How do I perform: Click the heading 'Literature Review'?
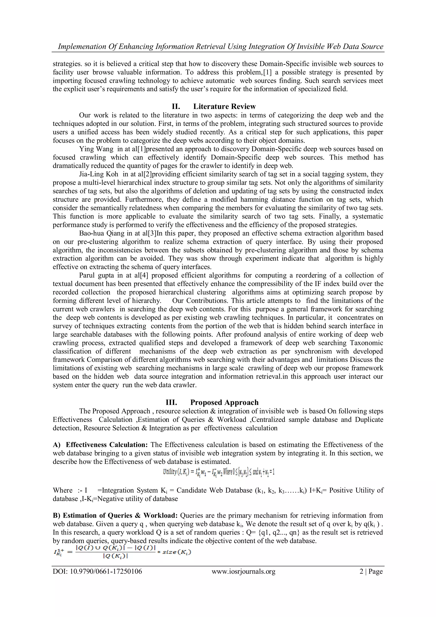pos(224,107)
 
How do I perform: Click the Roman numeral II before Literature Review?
pos(176,107)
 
